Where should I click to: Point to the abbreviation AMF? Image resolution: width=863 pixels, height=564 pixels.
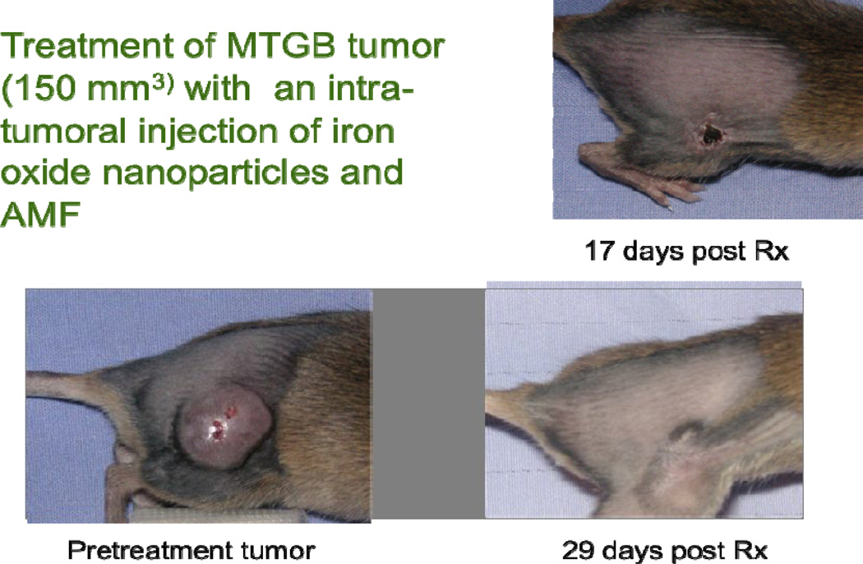[x=41, y=215]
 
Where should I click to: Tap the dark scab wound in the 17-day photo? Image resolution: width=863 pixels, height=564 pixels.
[x=711, y=132]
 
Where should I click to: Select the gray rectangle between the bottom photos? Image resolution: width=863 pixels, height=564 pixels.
[x=428, y=403]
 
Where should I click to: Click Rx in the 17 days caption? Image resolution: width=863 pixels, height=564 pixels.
[x=772, y=251]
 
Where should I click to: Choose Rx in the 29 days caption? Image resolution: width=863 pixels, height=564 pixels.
[x=750, y=550]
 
